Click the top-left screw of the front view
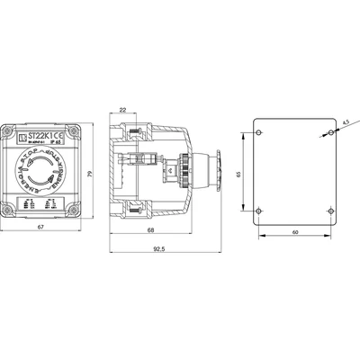pos(12,128)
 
